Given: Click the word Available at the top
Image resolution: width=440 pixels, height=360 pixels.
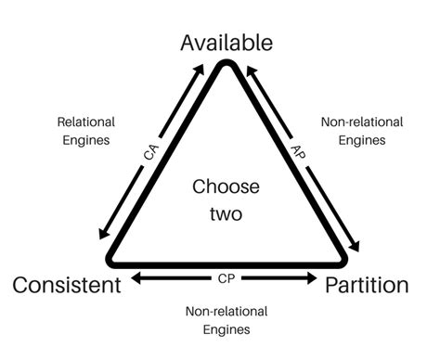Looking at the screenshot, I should tap(226, 42).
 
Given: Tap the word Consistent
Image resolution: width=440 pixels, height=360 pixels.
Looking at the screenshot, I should tap(66, 285).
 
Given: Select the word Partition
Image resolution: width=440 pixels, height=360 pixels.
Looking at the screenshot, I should tap(367, 285).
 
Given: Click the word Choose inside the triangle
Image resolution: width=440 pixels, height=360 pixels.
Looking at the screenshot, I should tap(226, 186).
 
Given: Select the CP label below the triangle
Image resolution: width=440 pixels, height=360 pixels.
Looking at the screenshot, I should tap(226, 277).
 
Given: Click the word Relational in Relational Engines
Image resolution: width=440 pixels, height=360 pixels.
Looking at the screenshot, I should tap(86, 122).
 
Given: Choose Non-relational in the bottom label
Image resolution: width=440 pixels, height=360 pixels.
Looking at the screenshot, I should tap(226, 311).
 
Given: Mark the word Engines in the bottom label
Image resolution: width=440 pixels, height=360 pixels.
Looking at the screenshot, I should tap(226, 328).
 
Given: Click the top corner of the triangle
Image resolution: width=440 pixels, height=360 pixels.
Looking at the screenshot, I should tap(226, 64).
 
